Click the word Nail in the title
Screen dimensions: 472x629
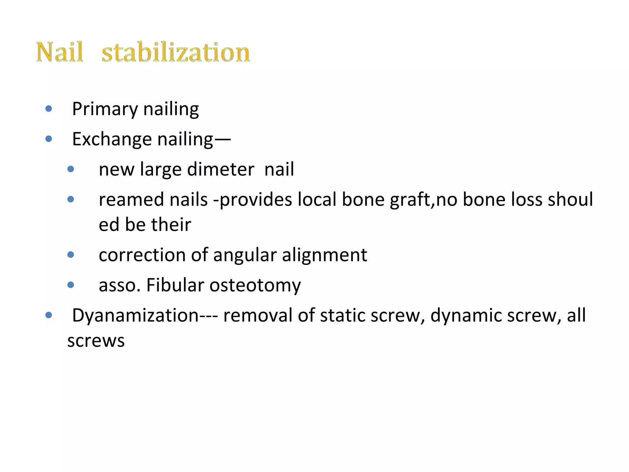coord(60,52)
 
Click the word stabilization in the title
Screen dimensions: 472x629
coord(176,52)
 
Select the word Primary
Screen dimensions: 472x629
coord(105,109)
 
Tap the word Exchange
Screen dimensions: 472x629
coord(112,139)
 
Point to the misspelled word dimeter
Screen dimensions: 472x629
coord(221,169)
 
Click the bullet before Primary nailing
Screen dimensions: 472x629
coord(49,108)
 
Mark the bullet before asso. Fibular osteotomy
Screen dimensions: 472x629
coord(71,285)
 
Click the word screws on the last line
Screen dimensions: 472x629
coord(96,341)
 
